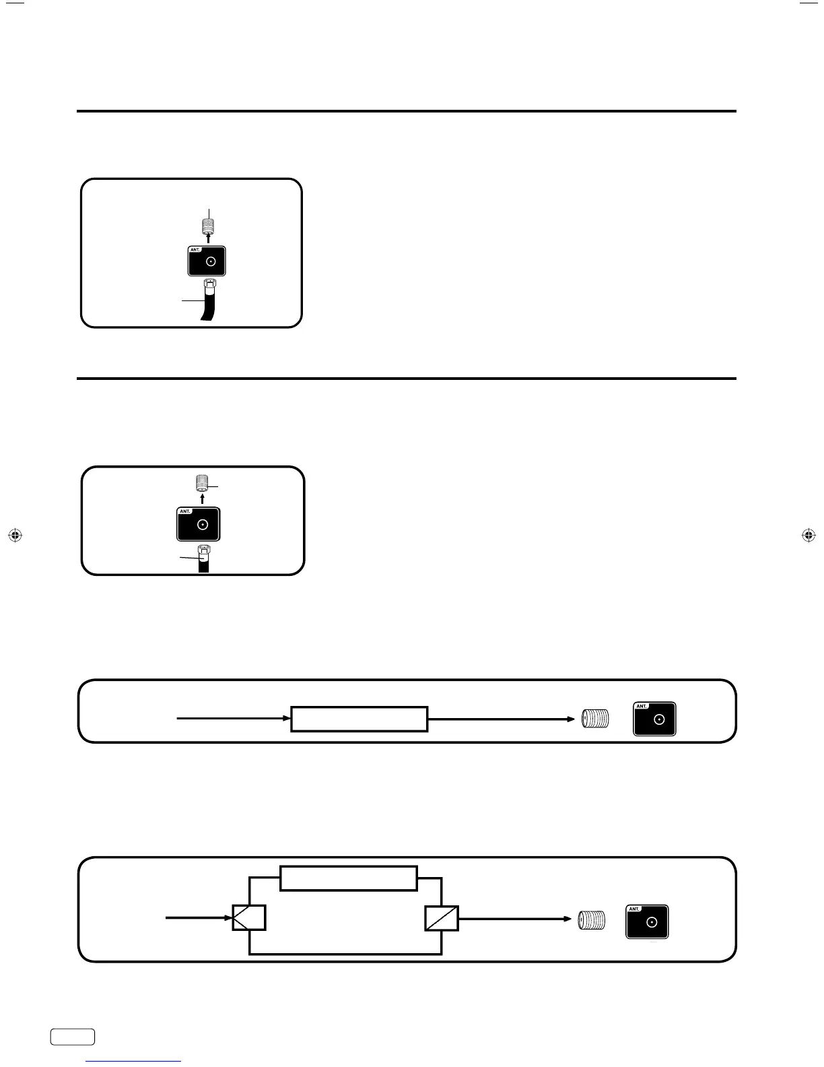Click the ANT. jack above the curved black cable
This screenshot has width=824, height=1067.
click(x=206, y=261)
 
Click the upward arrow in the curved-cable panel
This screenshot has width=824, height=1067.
click(x=208, y=238)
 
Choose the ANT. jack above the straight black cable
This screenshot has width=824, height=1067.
click(x=199, y=524)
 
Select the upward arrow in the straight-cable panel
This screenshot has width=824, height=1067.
click(x=203, y=499)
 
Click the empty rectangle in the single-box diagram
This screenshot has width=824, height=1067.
click(x=359, y=719)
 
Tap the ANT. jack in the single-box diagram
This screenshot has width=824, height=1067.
click(x=654, y=719)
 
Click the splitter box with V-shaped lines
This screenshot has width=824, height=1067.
click(x=249, y=917)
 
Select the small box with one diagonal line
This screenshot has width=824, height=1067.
click(x=442, y=917)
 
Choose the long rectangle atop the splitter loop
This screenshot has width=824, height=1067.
click(x=348, y=878)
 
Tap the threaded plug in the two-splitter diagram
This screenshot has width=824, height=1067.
click(x=591, y=920)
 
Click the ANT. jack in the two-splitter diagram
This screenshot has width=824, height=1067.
click(x=647, y=922)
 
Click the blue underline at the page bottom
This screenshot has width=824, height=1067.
click(x=134, y=1061)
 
